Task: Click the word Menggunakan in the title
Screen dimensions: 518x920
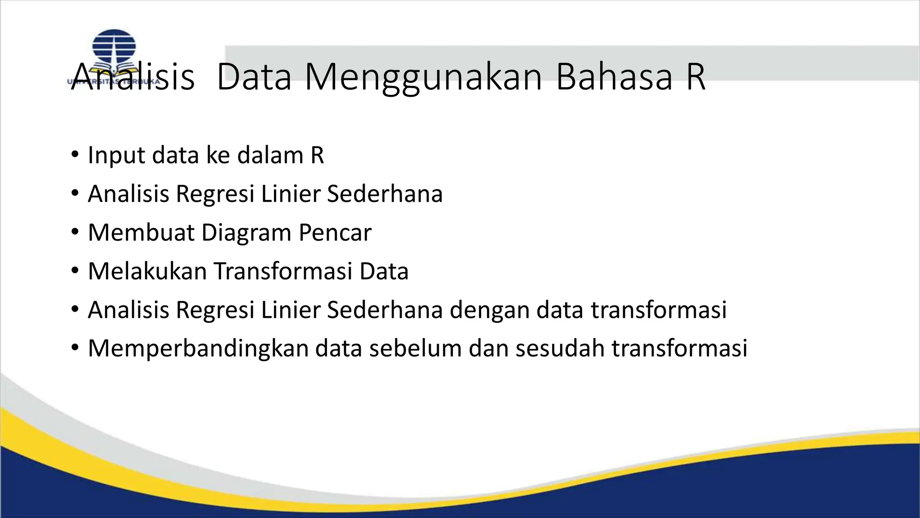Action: [x=424, y=77]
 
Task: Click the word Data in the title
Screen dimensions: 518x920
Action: [x=254, y=77]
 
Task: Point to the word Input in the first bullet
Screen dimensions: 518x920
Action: [x=116, y=156]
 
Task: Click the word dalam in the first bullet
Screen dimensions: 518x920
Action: [x=270, y=156]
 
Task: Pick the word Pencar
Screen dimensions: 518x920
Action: [x=335, y=233]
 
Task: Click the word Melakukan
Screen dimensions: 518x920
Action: [x=147, y=272]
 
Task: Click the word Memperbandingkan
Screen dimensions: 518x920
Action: [x=198, y=349]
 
